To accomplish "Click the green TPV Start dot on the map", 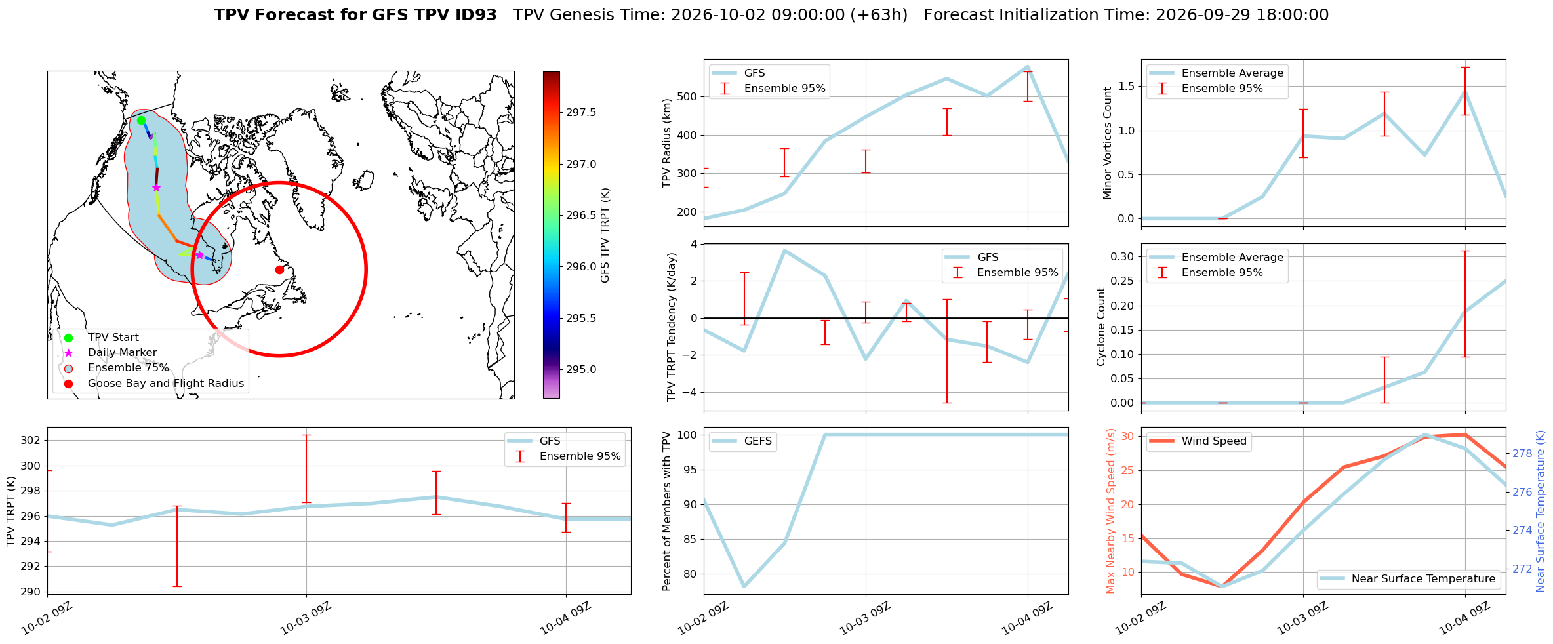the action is pos(141,120).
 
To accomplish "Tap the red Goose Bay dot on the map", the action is pos(279,270).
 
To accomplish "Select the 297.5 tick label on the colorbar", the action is pos(581,113).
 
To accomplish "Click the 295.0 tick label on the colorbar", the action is pos(581,370).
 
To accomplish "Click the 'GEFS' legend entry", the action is pos(743,441).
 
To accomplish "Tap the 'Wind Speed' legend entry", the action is pos(1200,441).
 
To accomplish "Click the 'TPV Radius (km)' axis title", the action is pos(668,143).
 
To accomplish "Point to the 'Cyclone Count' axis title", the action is pos(1101,327).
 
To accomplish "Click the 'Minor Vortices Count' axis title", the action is pos(1108,143).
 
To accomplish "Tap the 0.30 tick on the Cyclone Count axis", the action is pos(1123,256).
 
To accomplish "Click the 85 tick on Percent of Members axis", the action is pos(691,539).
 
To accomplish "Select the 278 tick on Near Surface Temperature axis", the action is pos(1522,453).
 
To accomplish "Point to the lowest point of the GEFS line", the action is pos(744,586).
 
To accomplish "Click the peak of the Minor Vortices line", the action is pos(1465,91).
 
